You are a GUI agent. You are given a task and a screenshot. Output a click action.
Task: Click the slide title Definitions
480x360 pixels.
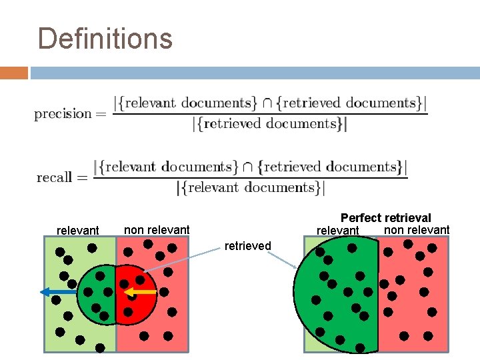click(x=105, y=39)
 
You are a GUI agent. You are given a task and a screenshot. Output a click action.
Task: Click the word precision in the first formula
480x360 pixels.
click(x=63, y=113)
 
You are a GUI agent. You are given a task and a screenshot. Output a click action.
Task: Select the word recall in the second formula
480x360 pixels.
click(x=54, y=177)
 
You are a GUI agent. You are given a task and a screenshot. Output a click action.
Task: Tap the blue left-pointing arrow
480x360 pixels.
click(x=57, y=291)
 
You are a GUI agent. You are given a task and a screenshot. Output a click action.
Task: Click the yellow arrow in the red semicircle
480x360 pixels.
click(x=141, y=292)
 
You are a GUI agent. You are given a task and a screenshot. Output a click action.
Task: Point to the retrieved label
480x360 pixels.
click(x=248, y=246)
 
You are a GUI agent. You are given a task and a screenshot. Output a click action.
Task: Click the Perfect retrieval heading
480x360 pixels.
click(x=385, y=218)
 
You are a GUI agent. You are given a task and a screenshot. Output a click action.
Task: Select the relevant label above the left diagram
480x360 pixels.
click(x=78, y=231)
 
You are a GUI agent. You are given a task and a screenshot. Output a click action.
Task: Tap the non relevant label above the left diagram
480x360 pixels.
click(x=157, y=230)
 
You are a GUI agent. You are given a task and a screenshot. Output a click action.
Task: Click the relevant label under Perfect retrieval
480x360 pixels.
click(x=337, y=231)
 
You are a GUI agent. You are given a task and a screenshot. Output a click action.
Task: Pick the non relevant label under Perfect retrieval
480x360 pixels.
click(x=417, y=230)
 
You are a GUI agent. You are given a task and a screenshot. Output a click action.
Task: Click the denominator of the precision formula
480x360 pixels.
click(x=270, y=124)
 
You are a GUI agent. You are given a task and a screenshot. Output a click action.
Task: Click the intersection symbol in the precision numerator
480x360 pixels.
click(x=267, y=103)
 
